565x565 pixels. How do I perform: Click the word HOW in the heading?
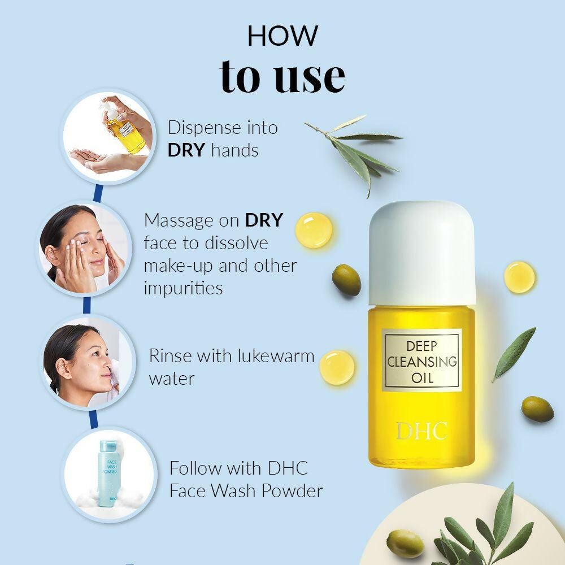282,36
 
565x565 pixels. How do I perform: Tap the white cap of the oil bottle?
421,253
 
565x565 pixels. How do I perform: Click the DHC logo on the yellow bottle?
421,431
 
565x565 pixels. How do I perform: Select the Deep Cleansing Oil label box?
422,360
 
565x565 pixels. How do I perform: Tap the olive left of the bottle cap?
346,279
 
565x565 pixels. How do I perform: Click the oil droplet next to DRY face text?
314,230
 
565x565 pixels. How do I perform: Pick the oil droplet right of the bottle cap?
519,277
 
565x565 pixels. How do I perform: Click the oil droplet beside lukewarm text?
337,367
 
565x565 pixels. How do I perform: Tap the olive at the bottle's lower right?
537,408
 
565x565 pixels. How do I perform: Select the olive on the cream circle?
405,543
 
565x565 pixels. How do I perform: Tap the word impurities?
183,288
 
